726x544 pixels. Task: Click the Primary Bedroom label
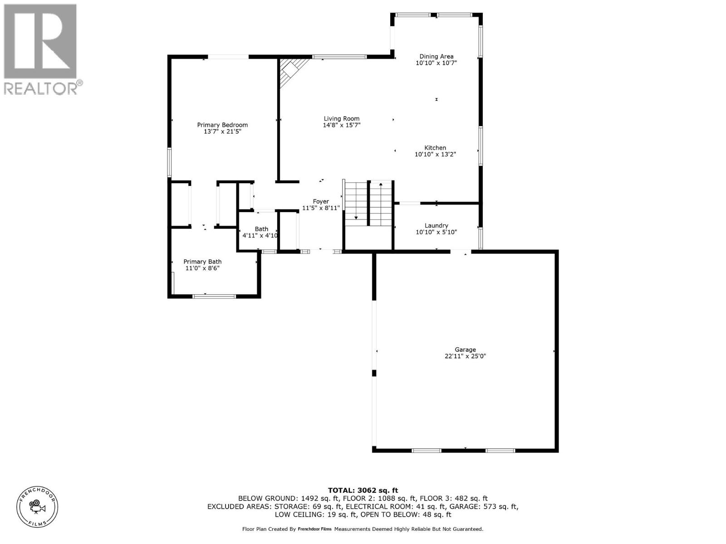(x=222, y=125)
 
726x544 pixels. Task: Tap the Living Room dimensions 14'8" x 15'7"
(x=342, y=125)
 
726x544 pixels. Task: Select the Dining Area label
(x=436, y=57)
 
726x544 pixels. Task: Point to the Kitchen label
(x=435, y=148)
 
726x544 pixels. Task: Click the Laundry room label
(x=436, y=226)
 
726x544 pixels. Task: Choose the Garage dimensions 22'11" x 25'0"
(x=466, y=356)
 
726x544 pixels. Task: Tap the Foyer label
(x=321, y=202)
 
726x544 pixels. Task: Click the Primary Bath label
(x=202, y=262)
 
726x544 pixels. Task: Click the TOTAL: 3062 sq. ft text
(x=363, y=490)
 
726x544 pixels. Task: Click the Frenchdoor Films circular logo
(x=37, y=506)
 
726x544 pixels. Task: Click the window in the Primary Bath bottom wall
(x=214, y=296)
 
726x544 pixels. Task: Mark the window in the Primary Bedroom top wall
(x=228, y=57)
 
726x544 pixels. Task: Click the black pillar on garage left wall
(x=374, y=373)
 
